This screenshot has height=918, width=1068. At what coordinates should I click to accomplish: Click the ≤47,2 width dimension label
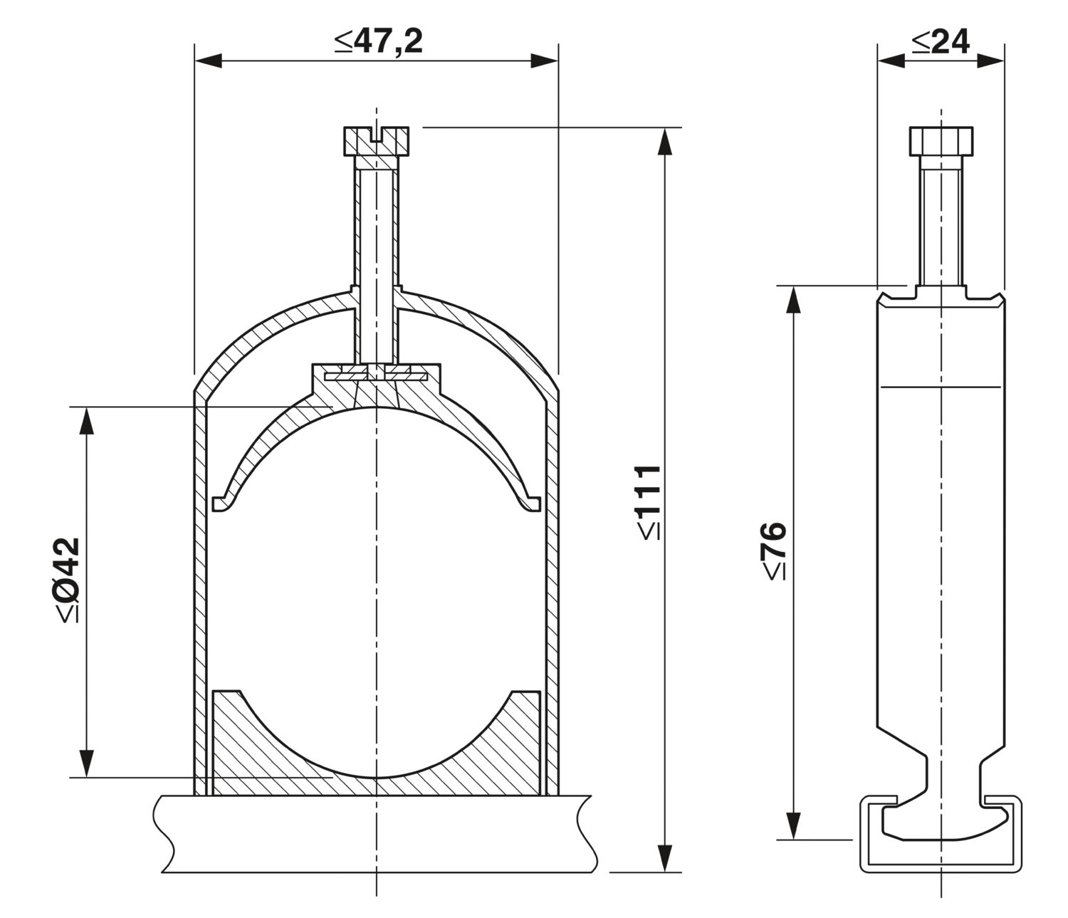click(379, 41)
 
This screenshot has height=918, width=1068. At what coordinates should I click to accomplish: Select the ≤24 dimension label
click(940, 41)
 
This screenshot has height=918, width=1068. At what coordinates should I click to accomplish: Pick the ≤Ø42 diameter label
click(68, 580)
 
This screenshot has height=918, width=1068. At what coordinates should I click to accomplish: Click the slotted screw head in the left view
click(376, 140)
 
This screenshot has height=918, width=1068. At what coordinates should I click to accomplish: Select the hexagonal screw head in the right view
click(941, 140)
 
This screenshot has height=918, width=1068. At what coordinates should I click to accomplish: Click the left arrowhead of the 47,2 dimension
click(208, 61)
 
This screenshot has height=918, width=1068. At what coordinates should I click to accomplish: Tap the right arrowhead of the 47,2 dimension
click(545, 61)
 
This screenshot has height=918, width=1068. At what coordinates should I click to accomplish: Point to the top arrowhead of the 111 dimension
click(665, 141)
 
